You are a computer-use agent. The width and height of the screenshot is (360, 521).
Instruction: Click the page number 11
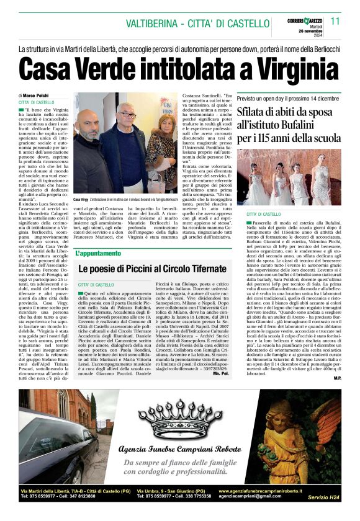point(335,20)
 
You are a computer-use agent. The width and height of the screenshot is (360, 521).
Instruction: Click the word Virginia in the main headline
point(261,66)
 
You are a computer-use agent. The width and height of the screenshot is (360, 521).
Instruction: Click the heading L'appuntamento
point(96,254)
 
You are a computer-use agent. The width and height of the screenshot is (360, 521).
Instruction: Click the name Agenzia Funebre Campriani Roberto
point(181,450)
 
